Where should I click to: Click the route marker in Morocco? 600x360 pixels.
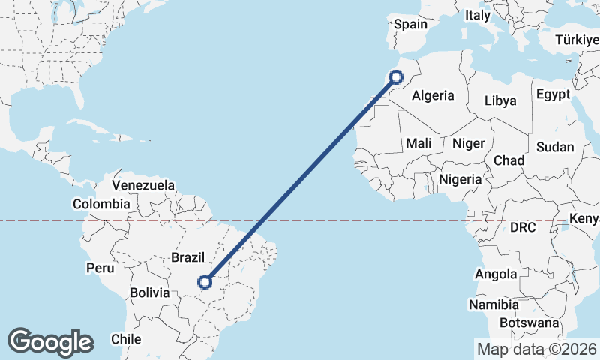click(x=396, y=76)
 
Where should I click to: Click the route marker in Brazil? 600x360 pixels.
click(x=204, y=282)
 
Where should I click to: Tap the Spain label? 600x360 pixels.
click(x=410, y=24)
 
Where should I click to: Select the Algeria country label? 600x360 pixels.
click(x=433, y=95)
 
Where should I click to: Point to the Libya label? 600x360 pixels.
click(x=500, y=100)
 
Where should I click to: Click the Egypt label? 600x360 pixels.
click(x=553, y=94)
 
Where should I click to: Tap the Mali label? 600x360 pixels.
click(x=418, y=142)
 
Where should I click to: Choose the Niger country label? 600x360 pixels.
click(x=469, y=142)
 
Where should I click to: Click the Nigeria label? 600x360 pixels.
click(x=460, y=179)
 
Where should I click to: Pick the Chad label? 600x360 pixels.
click(x=508, y=160)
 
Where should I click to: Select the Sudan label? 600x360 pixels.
click(x=556, y=147)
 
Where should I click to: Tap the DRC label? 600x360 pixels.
click(x=522, y=226)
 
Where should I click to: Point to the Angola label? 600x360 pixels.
click(x=495, y=274)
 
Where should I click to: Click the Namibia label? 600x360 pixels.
click(x=493, y=305)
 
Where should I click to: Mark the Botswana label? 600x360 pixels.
click(x=532, y=322)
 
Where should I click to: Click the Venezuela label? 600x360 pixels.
click(x=143, y=184)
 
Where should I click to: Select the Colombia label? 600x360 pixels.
click(x=101, y=203)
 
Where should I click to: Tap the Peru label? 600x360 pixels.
click(x=100, y=268)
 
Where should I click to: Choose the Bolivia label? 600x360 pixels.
click(x=150, y=292)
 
